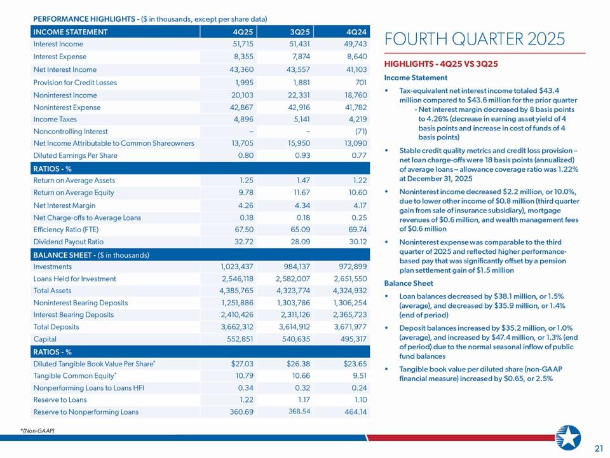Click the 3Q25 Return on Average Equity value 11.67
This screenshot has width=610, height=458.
(299, 193)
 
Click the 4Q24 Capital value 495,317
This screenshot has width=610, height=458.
(349, 340)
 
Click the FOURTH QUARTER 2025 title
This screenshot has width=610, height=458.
(475, 39)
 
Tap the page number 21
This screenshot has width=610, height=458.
(598, 449)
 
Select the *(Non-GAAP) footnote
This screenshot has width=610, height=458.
(37, 431)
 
